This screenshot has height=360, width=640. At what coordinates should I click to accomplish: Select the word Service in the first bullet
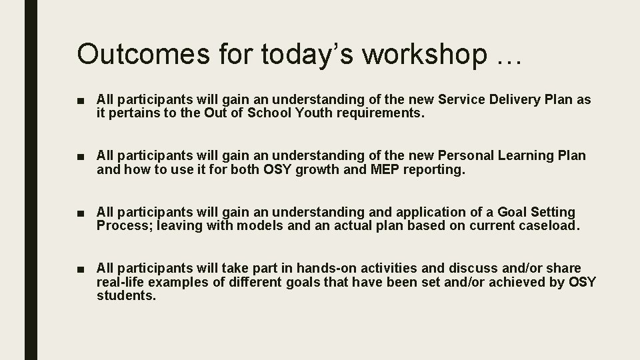[x=461, y=100]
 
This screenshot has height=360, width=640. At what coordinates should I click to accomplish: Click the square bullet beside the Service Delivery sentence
[x=81, y=101]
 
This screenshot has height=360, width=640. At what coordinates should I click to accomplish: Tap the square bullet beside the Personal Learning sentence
[x=81, y=157]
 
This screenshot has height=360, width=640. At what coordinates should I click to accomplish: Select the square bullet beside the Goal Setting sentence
[x=81, y=213]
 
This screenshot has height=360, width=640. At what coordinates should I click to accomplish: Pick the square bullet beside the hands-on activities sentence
[x=81, y=269]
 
